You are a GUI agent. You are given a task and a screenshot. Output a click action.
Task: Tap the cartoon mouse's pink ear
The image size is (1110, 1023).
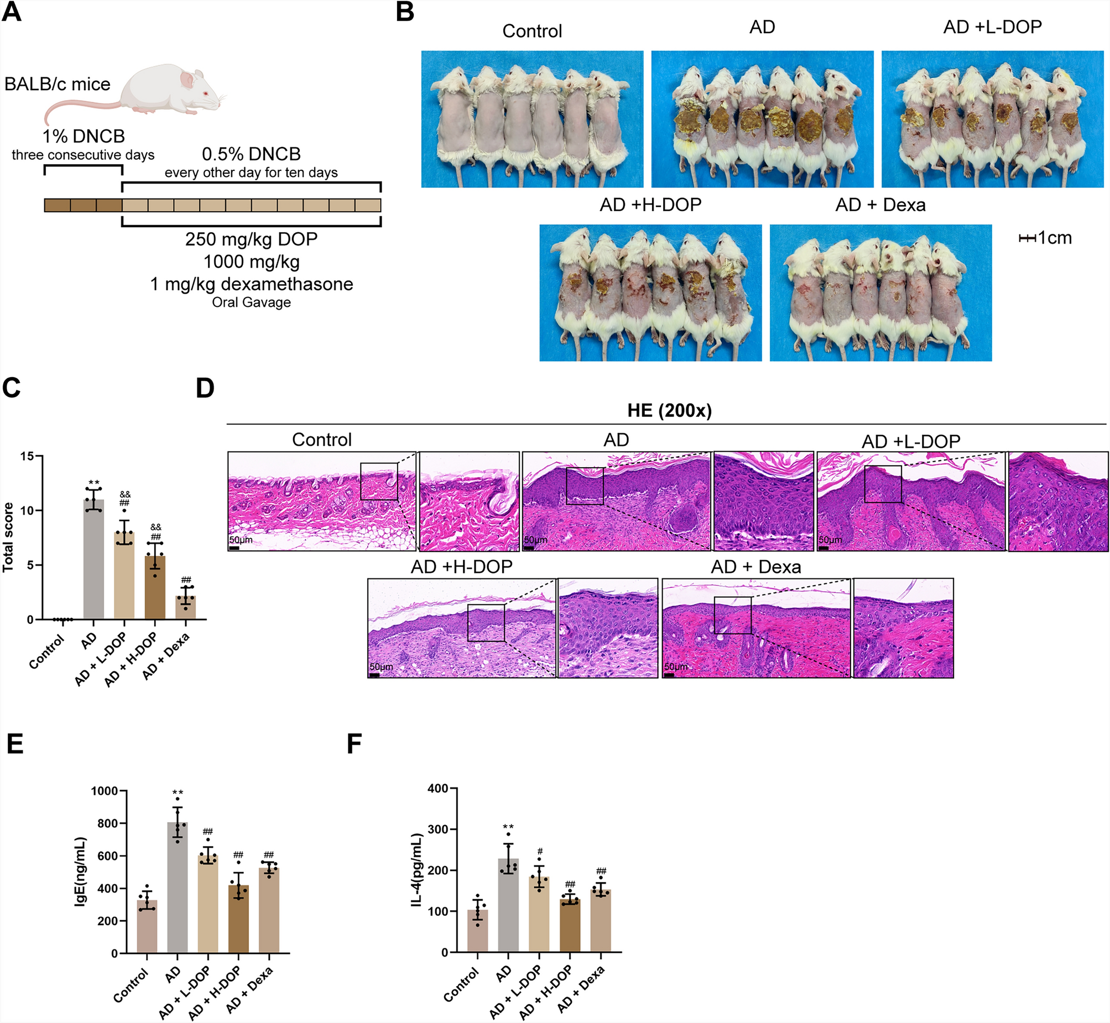pos(186,81)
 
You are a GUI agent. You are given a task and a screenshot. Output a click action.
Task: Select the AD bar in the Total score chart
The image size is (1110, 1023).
pos(93,559)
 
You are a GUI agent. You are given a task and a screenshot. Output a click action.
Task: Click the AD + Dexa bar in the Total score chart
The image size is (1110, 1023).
pos(185,607)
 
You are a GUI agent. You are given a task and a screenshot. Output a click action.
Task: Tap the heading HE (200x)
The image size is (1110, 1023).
pos(669,411)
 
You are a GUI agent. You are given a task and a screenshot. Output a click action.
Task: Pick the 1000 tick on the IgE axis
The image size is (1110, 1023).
pos(104,791)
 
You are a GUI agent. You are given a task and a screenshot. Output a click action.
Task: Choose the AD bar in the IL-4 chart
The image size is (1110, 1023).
pos(508,905)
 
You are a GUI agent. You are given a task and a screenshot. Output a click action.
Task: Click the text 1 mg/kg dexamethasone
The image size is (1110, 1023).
pos(251,284)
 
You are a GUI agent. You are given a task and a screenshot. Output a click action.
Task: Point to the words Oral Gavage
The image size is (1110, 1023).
pos(251,302)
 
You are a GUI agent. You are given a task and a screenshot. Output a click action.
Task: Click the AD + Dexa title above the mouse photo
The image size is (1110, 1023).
pos(880,205)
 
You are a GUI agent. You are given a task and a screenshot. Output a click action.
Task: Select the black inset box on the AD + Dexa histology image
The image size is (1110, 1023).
pos(732,615)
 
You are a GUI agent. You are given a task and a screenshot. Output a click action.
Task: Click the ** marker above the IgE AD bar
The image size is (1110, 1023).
pos(177,793)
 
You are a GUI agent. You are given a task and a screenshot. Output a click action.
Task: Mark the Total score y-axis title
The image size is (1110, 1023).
pos(8,537)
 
